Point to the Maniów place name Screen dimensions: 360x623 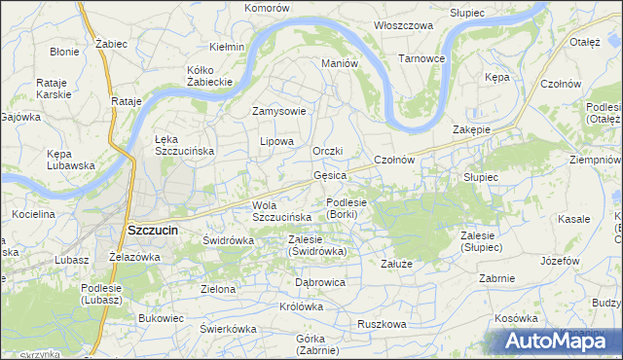tap(341, 63)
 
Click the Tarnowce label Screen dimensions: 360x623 tap(421, 58)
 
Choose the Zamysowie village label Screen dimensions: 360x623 tap(279, 111)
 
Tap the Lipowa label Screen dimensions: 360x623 tap(276, 141)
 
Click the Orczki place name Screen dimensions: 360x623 tap(329, 151)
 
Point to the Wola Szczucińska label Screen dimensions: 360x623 tap(280, 211)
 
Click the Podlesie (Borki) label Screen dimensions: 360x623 tap(347, 208)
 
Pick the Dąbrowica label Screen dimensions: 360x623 tap(320, 282)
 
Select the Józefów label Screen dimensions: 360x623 tap(559, 262)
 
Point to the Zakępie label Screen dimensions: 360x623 tap(471, 129)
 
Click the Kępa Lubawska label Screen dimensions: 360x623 tap(70, 160)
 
